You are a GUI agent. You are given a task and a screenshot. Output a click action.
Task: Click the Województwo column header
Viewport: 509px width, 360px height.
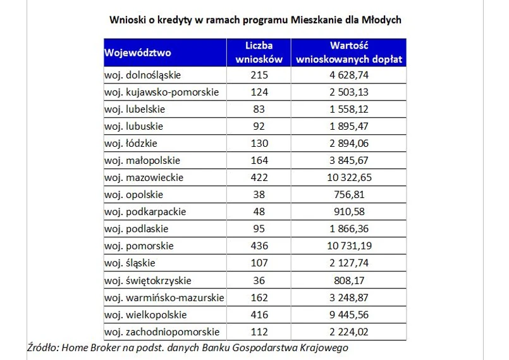138,53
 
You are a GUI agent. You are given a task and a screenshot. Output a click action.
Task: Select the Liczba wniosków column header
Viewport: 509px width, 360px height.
259,53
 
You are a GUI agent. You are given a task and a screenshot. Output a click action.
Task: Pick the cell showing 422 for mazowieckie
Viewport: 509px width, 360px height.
259,177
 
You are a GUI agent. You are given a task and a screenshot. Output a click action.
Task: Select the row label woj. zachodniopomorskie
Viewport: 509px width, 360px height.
162,332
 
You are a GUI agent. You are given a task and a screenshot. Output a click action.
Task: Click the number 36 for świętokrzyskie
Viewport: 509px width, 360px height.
259,280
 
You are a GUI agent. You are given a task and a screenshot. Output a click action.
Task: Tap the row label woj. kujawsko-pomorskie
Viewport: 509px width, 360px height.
162,92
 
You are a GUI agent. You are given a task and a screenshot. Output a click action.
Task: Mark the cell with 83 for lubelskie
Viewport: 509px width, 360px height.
259,109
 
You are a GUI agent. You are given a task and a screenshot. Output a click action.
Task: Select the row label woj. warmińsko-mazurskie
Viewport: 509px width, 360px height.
164,297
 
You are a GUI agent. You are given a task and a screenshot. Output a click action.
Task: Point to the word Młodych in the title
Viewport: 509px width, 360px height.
381,20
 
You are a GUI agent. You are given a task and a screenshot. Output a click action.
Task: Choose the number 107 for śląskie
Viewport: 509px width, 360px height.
259,263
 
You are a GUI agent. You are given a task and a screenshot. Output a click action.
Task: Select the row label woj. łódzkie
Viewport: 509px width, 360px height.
131,143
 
